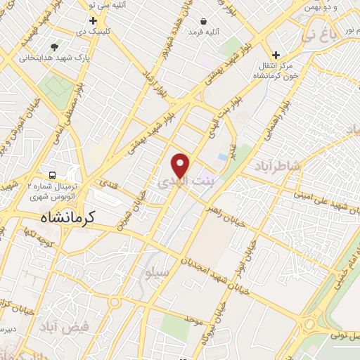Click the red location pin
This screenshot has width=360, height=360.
click(181, 165)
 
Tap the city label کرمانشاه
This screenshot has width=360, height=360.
click(63, 219)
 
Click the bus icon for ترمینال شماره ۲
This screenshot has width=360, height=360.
click(52, 174)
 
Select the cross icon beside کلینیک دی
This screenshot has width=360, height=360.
click(93, 21)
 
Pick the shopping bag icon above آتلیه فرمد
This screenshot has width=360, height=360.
click(203, 22)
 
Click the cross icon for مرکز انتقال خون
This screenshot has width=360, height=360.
click(276, 55)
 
